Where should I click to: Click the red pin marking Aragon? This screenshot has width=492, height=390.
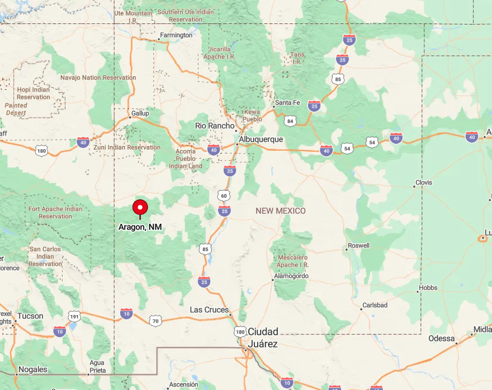click(140, 207)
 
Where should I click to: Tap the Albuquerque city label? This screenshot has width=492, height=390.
click(261, 139)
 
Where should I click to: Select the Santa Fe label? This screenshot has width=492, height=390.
click(287, 103)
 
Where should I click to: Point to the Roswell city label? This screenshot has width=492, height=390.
click(358, 245)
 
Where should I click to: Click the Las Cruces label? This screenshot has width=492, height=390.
click(209, 310)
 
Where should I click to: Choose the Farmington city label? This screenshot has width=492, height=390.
click(176, 35)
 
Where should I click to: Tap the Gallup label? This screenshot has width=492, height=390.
click(140, 113)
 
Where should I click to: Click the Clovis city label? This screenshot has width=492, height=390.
click(423, 183)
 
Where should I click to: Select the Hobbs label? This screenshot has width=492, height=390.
click(428, 288)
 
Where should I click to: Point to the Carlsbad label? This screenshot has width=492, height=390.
click(374, 305)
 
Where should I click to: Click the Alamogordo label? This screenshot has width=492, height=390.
click(291, 276)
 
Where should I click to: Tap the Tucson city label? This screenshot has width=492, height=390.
click(30, 316)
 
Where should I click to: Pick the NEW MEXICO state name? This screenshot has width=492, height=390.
click(281, 210)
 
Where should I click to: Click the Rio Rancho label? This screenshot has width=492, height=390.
click(215, 126)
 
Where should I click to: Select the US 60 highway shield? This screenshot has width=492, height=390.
click(224, 195)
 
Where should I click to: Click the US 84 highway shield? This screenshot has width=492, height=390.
click(290, 121)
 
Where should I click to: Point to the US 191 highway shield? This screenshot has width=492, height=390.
click(74, 317)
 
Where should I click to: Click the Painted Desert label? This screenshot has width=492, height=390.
click(16, 109)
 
